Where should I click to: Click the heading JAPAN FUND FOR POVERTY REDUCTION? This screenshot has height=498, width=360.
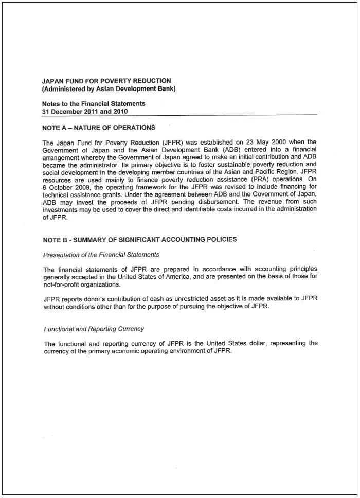point(106,81)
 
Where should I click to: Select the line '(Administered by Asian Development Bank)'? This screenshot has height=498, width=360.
point(109,88)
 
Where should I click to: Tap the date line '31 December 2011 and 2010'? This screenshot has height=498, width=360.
point(85,111)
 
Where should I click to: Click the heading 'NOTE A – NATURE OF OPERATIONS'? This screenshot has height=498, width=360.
point(99,128)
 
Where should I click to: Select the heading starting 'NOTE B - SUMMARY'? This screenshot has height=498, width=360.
point(140,239)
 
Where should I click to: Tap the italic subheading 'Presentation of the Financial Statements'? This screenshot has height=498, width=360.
point(101,255)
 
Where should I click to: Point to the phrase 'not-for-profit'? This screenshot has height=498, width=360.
point(63,284)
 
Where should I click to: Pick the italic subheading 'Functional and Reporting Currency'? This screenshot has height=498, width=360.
point(94,329)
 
